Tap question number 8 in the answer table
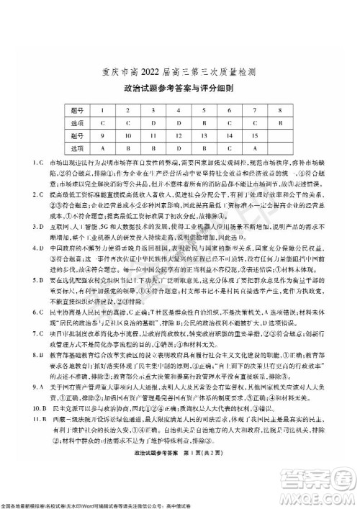(279, 110)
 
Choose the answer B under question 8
(279, 123)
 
